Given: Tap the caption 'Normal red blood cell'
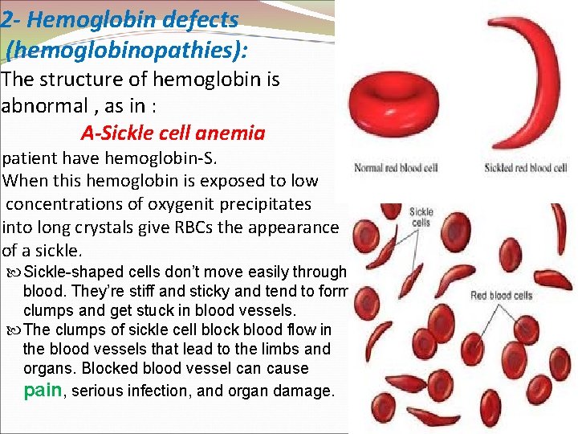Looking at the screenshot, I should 395,168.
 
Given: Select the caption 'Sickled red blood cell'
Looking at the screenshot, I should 526,168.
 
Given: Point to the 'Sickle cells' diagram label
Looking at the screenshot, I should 421,218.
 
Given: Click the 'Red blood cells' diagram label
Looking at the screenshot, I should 501,296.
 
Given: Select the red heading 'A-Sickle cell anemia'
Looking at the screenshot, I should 173,133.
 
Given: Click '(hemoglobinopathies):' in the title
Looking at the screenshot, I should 127,50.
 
